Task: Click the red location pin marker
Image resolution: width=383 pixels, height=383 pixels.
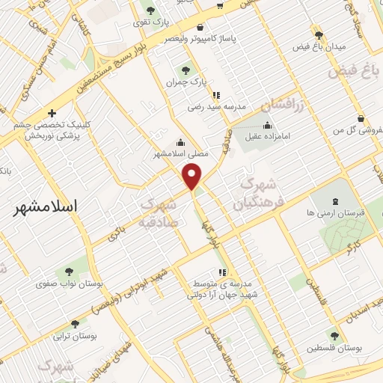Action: pyautogui.click(x=193, y=177)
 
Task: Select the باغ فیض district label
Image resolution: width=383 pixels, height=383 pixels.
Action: pyautogui.click(x=356, y=73)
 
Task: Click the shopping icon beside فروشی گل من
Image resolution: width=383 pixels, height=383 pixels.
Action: pyautogui.click(x=361, y=117)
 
